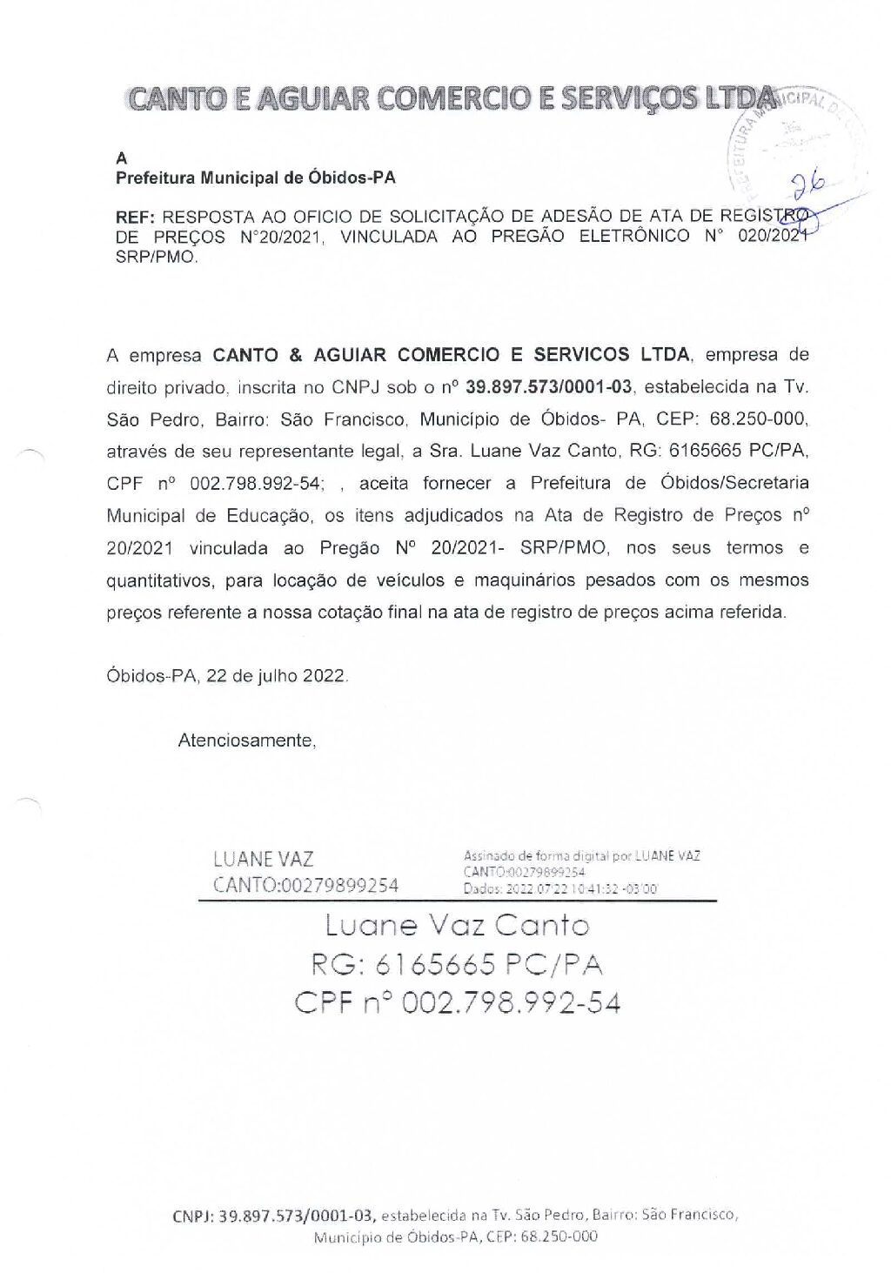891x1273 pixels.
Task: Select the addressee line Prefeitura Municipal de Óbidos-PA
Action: tap(255, 178)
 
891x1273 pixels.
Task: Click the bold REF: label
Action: tap(136, 217)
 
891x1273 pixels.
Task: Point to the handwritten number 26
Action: tap(808, 184)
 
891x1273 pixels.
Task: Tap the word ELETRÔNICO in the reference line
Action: tap(634, 237)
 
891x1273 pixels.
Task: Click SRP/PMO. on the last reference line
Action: tap(157, 258)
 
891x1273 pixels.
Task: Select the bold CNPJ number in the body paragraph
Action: tap(549, 387)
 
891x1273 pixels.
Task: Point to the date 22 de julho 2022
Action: tap(277, 676)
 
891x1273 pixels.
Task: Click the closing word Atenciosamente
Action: tap(246, 740)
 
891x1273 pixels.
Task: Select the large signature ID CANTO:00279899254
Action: tap(305, 886)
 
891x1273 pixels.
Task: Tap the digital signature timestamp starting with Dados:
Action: tap(560, 889)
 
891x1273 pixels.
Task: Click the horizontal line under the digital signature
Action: tap(457, 901)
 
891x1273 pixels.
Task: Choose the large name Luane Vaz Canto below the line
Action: tap(457, 925)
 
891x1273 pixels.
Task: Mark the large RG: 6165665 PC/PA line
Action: tap(457, 964)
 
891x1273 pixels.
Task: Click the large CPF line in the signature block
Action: tap(457, 1003)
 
